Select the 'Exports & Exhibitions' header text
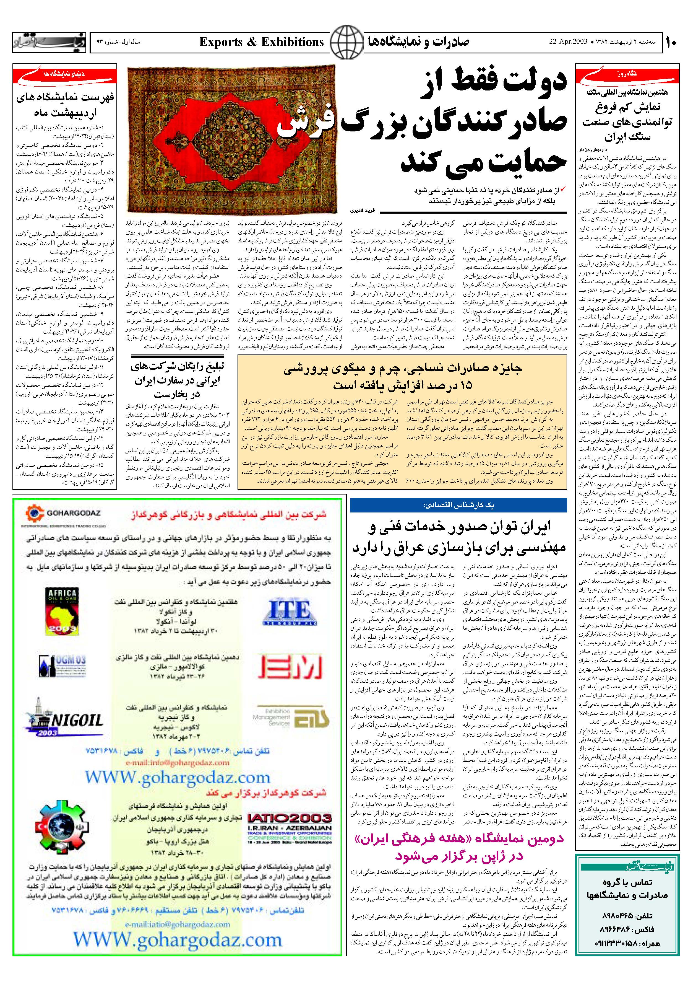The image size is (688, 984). pyautogui.click(x=262, y=42)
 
